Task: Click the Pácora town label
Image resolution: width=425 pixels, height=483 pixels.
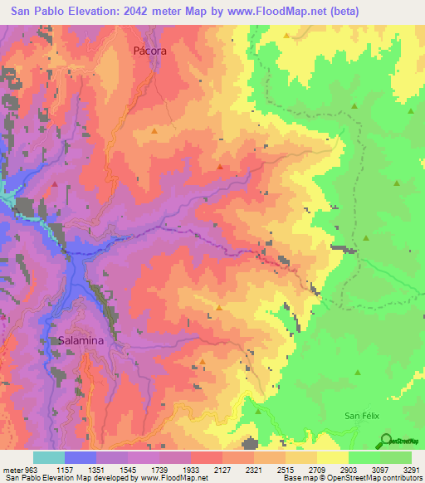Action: [x=150, y=51]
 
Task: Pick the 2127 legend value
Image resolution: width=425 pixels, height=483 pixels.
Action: [x=223, y=470]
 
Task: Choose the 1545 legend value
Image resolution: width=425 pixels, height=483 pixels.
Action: [x=129, y=470]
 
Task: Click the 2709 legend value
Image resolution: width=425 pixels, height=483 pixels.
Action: [x=317, y=470]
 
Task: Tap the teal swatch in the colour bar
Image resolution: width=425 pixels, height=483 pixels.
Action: [x=49, y=457]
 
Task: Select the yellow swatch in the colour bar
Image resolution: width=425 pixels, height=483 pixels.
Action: [x=332, y=457]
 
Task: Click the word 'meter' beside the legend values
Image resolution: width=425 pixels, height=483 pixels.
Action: [x=13, y=470]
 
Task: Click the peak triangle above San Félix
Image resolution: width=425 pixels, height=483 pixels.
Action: [x=358, y=373]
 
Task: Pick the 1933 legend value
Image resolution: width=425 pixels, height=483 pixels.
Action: [x=192, y=470]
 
